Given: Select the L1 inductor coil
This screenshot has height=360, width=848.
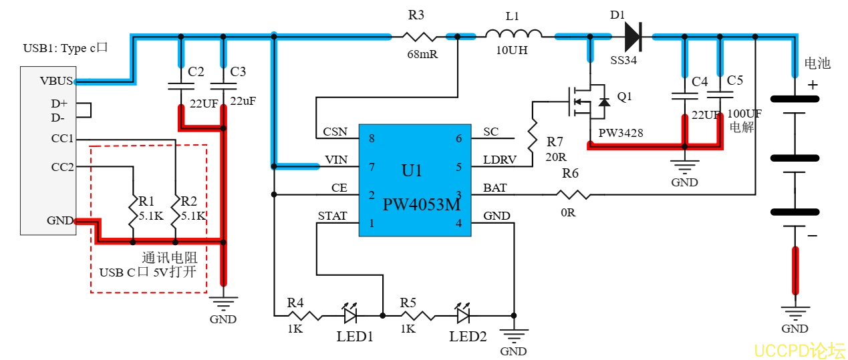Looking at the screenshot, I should [513, 35].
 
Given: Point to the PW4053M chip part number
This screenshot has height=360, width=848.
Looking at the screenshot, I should [421, 205].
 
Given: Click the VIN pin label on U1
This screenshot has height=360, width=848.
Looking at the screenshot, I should [335, 160].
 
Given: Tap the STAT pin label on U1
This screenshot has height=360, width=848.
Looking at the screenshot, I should [332, 216].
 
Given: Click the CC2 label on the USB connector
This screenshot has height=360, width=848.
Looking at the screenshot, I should [62, 166].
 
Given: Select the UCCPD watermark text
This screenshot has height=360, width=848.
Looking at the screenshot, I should [800, 350].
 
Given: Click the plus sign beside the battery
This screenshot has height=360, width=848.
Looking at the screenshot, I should [813, 85].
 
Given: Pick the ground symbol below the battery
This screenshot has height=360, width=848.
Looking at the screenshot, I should [795, 312].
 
